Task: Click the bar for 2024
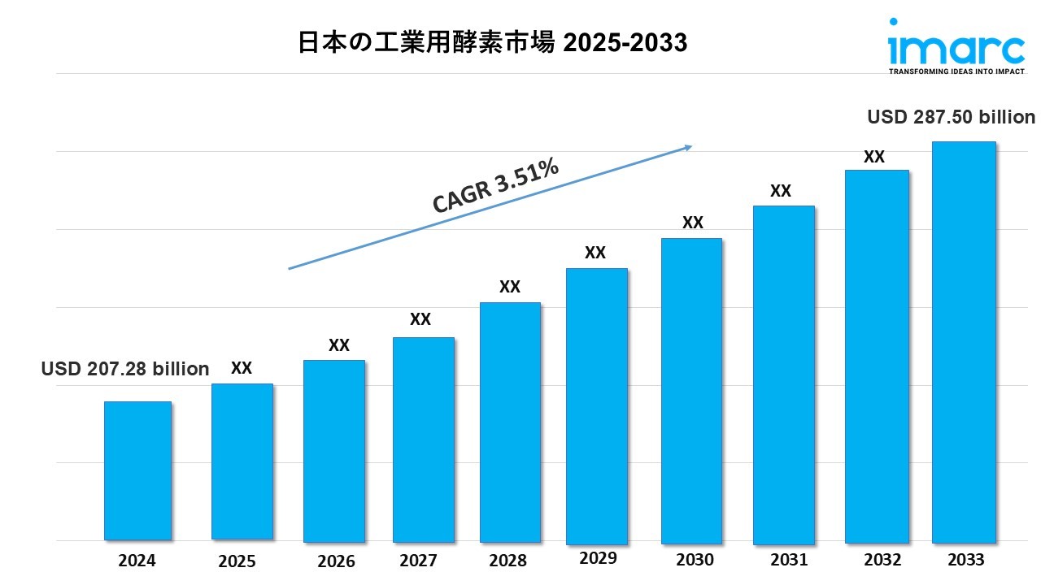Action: pos(137,470)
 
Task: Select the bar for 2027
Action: pos(423,440)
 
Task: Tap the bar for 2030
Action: pos(691,390)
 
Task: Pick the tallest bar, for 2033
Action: pos(964,341)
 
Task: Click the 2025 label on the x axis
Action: pos(237,561)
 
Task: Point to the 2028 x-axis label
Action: pos(509,561)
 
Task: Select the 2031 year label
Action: pos(788,560)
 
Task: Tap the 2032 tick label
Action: pos(882,560)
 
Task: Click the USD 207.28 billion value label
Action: pos(125,369)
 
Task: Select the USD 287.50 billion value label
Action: pos(951,117)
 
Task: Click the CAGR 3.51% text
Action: pos(496,186)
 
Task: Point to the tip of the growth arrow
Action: pos(690,146)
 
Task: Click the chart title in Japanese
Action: pos(493,43)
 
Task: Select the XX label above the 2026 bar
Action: pos(339,345)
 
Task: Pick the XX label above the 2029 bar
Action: pos(595,253)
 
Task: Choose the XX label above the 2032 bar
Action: pos(874,157)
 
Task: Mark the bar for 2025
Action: pos(242,461)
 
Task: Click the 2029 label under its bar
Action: pos(598,558)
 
